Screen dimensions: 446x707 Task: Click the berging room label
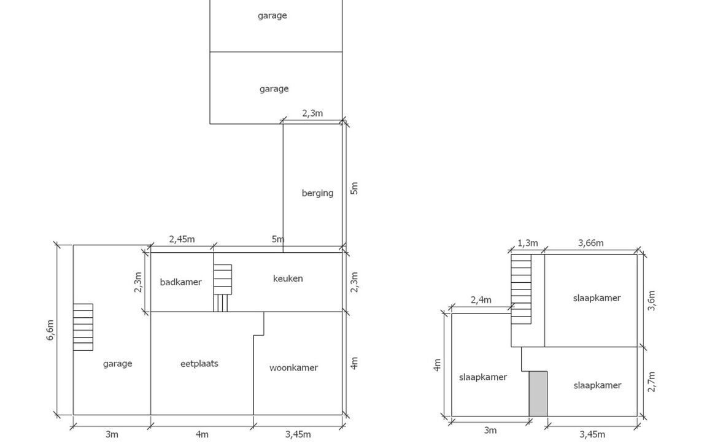[x=317, y=193]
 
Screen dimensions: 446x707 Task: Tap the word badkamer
[x=180, y=282]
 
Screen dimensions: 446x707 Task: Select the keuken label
[x=288, y=279]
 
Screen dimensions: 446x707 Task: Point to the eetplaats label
[x=199, y=363]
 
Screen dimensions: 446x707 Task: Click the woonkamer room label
[x=293, y=367]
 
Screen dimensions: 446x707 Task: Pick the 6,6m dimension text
[x=50, y=329]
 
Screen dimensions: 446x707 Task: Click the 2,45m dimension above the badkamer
[x=182, y=239]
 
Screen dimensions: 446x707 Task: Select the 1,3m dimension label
[x=527, y=243]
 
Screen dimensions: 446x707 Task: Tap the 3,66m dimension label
[x=590, y=243]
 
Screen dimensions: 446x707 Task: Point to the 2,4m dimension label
[x=481, y=300]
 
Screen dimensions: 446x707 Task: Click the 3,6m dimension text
[x=651, y=301]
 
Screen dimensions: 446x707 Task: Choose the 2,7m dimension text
[x=651, y=382]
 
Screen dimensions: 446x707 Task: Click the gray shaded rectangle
[x=538, y=394]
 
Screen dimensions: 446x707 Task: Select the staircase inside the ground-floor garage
[x=83, y=327]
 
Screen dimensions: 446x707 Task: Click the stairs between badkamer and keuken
[x=222, y=287]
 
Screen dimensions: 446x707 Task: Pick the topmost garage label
[x=272, y=16]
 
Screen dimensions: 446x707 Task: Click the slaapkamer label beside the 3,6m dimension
[x=597, y=298]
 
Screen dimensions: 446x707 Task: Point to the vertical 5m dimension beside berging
[x=354, y=188]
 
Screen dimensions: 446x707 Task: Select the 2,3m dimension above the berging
[x=312, y=113]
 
